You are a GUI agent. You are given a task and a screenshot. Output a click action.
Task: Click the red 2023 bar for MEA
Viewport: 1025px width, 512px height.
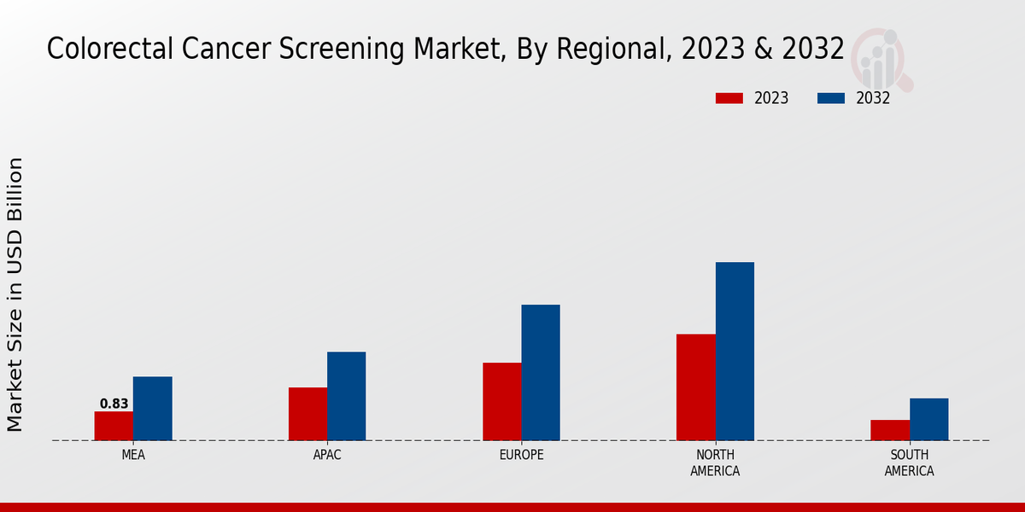coord(114,426)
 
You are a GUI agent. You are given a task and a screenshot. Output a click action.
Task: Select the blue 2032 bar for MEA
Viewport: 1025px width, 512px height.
coord(152,408)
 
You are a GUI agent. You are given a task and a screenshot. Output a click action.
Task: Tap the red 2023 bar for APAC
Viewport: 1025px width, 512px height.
coord(307,414)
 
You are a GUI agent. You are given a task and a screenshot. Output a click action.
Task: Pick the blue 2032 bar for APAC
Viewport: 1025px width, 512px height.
coord(346,396)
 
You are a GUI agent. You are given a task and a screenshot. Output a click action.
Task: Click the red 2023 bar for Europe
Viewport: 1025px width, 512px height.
coord(501,401)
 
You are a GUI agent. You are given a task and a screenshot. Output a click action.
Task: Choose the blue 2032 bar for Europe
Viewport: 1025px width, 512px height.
coord(541,372)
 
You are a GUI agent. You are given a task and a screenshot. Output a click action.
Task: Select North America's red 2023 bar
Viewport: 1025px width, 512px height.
coord(695,387)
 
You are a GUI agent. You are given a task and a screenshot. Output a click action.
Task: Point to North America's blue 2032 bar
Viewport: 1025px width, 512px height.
coord(735,351)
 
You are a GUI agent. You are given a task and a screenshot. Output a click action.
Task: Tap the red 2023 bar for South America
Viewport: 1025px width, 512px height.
coord(890,430)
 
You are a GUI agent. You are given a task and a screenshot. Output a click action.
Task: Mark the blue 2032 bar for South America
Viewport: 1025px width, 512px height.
coord(928,419)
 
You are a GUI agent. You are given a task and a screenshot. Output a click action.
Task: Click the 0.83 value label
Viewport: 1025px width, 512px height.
coord(114,404)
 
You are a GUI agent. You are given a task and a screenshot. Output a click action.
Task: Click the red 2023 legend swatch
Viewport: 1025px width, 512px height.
coord(729,98)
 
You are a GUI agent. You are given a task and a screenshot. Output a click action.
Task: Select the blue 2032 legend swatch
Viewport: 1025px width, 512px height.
coord(830,98)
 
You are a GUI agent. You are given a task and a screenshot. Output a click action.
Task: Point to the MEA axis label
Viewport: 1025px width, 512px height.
coord(133,455)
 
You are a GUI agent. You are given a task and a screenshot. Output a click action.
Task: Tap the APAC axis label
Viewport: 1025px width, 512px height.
coord(327,455)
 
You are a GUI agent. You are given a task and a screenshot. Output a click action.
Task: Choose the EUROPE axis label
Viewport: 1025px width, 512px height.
coord(521,455)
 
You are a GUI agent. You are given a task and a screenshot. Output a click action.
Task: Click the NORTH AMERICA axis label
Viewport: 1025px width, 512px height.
coord(716,463)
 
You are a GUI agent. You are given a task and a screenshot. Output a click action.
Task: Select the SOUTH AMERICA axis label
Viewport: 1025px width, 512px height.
coord(909,463)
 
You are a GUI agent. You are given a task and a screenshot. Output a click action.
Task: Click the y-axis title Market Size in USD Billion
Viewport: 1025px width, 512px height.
coord(15,294)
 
